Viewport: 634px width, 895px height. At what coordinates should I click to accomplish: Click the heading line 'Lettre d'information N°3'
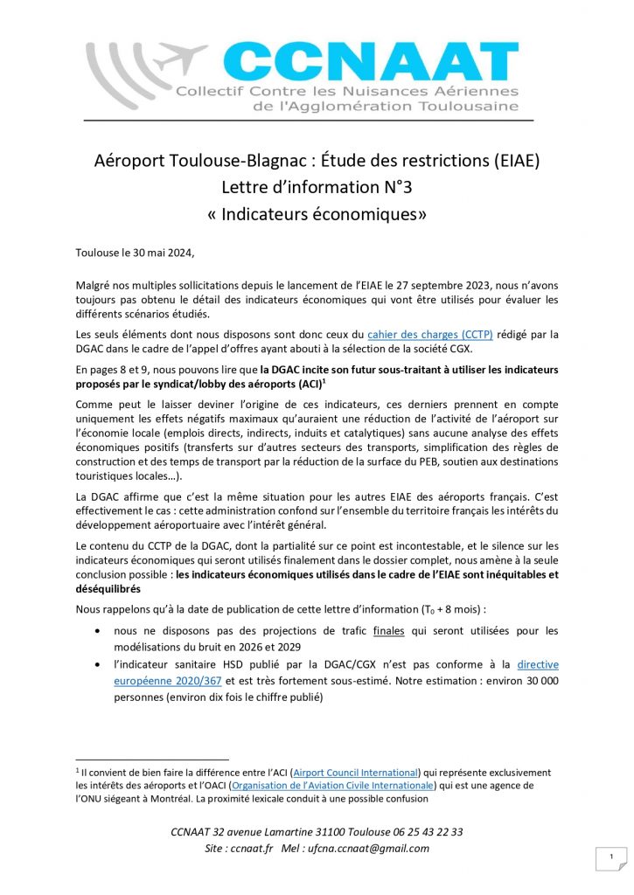(317, 186)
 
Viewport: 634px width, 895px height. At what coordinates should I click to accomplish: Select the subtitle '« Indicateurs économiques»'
(317, 213)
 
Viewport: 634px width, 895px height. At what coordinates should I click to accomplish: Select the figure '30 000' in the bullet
(539, 681)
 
